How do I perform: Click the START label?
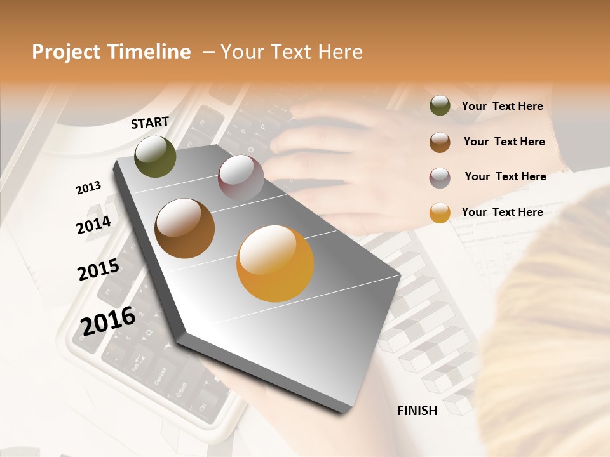coord(150,123)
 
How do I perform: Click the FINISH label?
coord(417,411)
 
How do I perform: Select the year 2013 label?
coord(89,188)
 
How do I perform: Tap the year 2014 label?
coord(94,225)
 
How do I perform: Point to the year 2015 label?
coord(98,269)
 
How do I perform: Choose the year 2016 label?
coord(108,320)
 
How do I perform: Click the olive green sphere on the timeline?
coord(156,156)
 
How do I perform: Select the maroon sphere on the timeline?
coord(241,177)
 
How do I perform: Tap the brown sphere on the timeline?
coord(185,228)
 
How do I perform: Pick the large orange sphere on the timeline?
coord(275,263)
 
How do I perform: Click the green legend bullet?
coord(440,106)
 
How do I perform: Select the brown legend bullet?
coord(440,142)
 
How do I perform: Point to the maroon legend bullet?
coord(440,177)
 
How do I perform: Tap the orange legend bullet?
coord(440,213)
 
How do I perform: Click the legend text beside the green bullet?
coord(503,106)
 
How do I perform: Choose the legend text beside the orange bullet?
coord(503,212)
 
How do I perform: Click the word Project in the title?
coord(67,52)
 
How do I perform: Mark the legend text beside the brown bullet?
coord(505,142)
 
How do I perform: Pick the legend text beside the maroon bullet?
coord(506,176)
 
